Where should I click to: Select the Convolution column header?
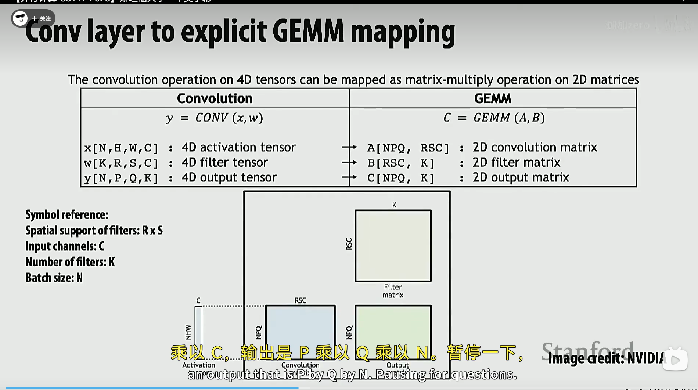pos(215,98)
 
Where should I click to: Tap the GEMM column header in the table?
pos(492,98)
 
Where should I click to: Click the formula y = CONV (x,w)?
pos(215,118)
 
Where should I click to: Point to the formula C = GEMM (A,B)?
pos(494,118)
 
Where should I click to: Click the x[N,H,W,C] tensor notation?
pos(121,148)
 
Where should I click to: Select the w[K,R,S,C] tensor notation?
pos(121,163)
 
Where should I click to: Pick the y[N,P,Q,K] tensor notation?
pos(121,178)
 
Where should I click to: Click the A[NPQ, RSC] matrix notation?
pos(408,148)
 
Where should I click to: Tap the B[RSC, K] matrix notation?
pos(400,163)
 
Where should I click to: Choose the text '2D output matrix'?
pos(521,178)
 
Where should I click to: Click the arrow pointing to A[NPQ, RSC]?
pos(349,147)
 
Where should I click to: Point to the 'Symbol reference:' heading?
pos(67,215)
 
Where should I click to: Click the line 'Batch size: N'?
pos(54,278)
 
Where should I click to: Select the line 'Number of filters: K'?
pos(70,262)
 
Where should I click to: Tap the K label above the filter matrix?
pos(394,205)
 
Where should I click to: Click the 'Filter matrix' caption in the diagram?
pos(393,291)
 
